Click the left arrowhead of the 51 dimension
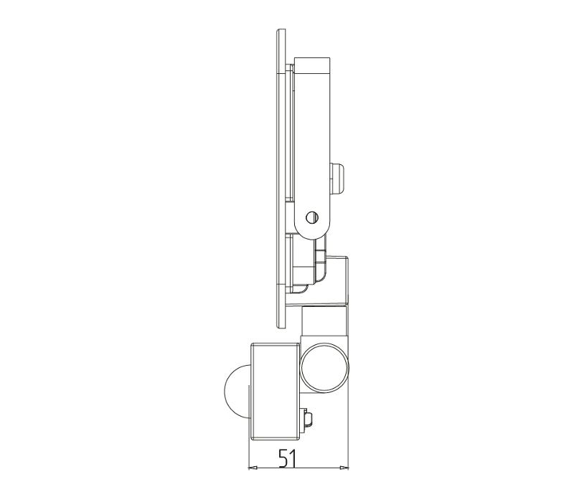(x=253, y=468)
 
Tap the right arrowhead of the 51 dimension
(x=344, y=468)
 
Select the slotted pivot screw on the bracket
(x=312, y=217)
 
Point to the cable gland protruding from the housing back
(x=338, y=180)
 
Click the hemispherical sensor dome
(x=236, y=392)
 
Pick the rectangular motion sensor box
(x=276, y=392)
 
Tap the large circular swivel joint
(x=324, y=368)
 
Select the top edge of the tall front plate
(x=281, y=29)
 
